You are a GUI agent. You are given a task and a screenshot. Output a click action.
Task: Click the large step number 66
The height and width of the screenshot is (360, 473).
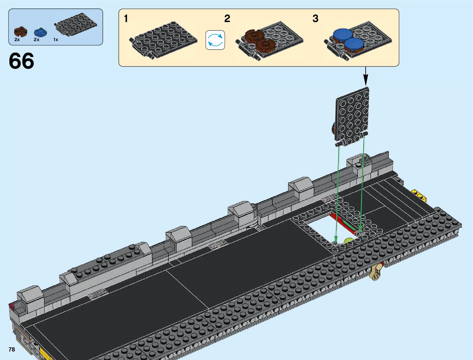[x=21, y=61]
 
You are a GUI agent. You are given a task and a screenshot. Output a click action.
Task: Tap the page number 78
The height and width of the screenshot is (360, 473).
[x=12, y=349]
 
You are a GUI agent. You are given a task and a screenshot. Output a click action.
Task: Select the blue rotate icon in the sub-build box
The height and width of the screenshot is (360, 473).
[x=215, y=40]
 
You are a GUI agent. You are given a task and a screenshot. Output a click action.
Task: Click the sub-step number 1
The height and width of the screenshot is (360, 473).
[x=126, y=18]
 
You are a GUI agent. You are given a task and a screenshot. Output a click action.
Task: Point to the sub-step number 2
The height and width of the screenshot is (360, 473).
[x=227, y=18]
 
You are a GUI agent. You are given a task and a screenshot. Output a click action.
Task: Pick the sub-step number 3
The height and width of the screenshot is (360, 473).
[x=316, y=18]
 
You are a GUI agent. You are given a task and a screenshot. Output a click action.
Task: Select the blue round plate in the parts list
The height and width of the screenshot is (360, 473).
[x=40, y=32]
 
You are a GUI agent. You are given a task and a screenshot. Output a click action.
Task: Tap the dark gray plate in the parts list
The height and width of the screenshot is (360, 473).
[x=76, y=27]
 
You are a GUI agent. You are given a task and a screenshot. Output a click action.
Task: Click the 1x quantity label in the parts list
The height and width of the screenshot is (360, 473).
[x=56, y=40]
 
